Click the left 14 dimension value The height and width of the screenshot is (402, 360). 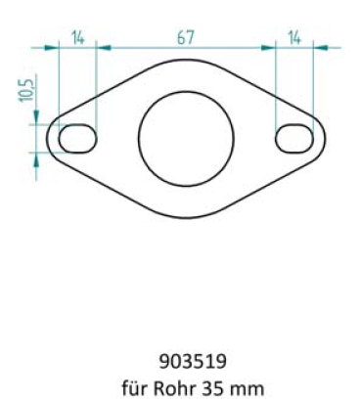[x=78, y=37]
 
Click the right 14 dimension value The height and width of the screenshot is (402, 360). [x=294, y=37]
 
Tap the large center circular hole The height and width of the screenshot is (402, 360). [x=186, y=137]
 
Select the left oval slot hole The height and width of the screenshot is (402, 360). [x=78, y=138]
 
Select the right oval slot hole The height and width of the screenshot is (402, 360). [x=294, y=138]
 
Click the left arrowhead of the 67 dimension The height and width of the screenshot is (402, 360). [x=102, y=45]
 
